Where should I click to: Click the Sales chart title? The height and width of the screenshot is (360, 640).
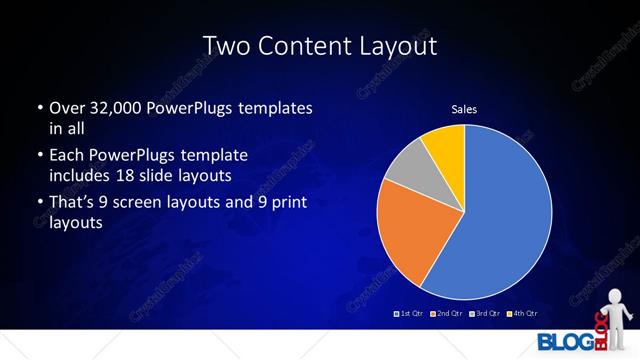pyautogui.click(x=464, y=107)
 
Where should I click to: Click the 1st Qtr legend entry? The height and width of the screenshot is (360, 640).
pyautogui.click(x=409, y=314)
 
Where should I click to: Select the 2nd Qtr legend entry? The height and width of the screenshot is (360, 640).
pyautogui.click(x=445, y=314)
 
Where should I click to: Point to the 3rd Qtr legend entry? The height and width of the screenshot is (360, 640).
pyautogui.click(x=484, y=314)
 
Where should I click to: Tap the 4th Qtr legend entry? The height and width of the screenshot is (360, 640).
pyautogui.click(x=523, y=314)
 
